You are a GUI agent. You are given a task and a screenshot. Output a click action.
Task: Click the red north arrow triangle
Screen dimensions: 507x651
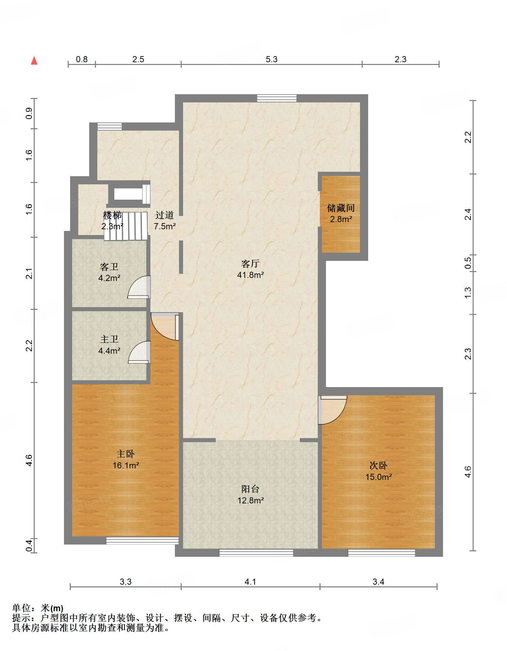click(34, 61)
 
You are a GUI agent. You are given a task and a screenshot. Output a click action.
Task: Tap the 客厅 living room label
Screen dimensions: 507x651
click(250, 264)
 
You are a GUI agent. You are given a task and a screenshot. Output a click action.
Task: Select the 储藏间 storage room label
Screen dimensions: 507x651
click(341, 208)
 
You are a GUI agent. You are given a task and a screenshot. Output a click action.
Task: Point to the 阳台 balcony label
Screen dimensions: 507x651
click(250, 489)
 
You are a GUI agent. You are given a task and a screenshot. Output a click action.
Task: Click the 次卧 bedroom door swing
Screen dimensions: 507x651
click(332, 410)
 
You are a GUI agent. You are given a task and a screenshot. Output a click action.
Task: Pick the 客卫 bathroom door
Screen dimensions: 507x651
click(139, 287)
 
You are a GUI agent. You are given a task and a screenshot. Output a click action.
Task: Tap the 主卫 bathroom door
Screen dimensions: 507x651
click(139, 352)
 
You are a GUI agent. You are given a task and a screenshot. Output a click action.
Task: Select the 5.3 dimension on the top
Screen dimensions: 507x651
click(272, 59)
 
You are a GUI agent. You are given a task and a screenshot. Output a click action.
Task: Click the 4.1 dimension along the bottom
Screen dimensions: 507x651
click(250, 582)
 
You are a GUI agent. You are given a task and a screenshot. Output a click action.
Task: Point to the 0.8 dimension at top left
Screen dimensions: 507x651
click(82, 59)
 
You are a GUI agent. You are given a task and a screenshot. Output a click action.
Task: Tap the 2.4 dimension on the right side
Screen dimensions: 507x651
click(468, 214)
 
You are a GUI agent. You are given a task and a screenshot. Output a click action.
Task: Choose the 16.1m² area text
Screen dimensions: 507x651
click(126, 465)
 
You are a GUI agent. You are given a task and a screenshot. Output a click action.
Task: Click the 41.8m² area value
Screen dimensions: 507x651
click(250, 275)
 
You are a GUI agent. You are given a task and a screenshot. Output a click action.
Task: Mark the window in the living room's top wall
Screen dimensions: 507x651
click(277, 98)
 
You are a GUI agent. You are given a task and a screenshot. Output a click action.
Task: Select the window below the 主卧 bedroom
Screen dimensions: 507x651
click(142, 540)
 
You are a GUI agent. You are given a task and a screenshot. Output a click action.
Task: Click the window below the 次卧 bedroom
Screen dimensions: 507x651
click(381, 553)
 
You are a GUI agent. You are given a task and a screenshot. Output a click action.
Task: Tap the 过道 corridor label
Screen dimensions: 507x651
click(165, 215)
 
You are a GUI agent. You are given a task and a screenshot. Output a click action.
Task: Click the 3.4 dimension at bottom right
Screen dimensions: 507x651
click(378, 582)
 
